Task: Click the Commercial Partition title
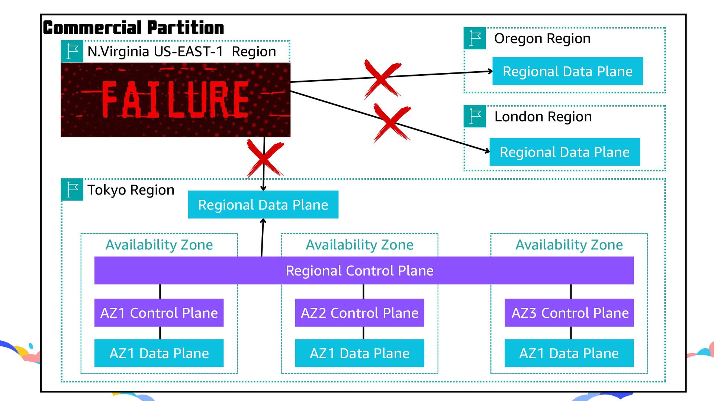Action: pyautogui.click(x=134, y=28)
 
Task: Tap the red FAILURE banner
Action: pyautogui.click(x=175, y=100)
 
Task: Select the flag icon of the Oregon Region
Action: pyautogui.click(x=475, y=38)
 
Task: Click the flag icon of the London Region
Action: pyautogui.click(x=475, y=117)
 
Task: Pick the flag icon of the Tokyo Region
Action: pyautogui.click(x=72, y=190)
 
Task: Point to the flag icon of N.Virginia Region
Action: pyautogui.click(x=72, y=52)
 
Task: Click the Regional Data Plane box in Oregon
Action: pyautogui.click(x=567, y=71)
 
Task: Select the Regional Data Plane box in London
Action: pyautogui.click(x=565, y=152)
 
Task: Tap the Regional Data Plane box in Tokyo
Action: pyautogui.click(x=263, y=205)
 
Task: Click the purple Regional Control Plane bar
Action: pyautogui.click(x=364, y=270)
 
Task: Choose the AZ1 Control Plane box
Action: pyautogui.click(x=159, y=313)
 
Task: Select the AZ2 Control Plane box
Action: pyautogui.click(x=359, y=313)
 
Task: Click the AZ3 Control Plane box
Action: pyautogui.click(x=569, y=313)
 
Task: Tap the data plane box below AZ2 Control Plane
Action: pyautogui.click(x=359, y=353)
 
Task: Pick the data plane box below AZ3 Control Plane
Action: pyautogui.click(x=569, y=353)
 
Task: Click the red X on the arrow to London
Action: pyautogui.click(x=392, y=123)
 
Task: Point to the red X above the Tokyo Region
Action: pyautogui.click(x=264, y=158)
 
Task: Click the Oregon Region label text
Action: pyautogui.click(x=542, y=39)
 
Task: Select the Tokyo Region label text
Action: pyautogui.click(x=131, y=190)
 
